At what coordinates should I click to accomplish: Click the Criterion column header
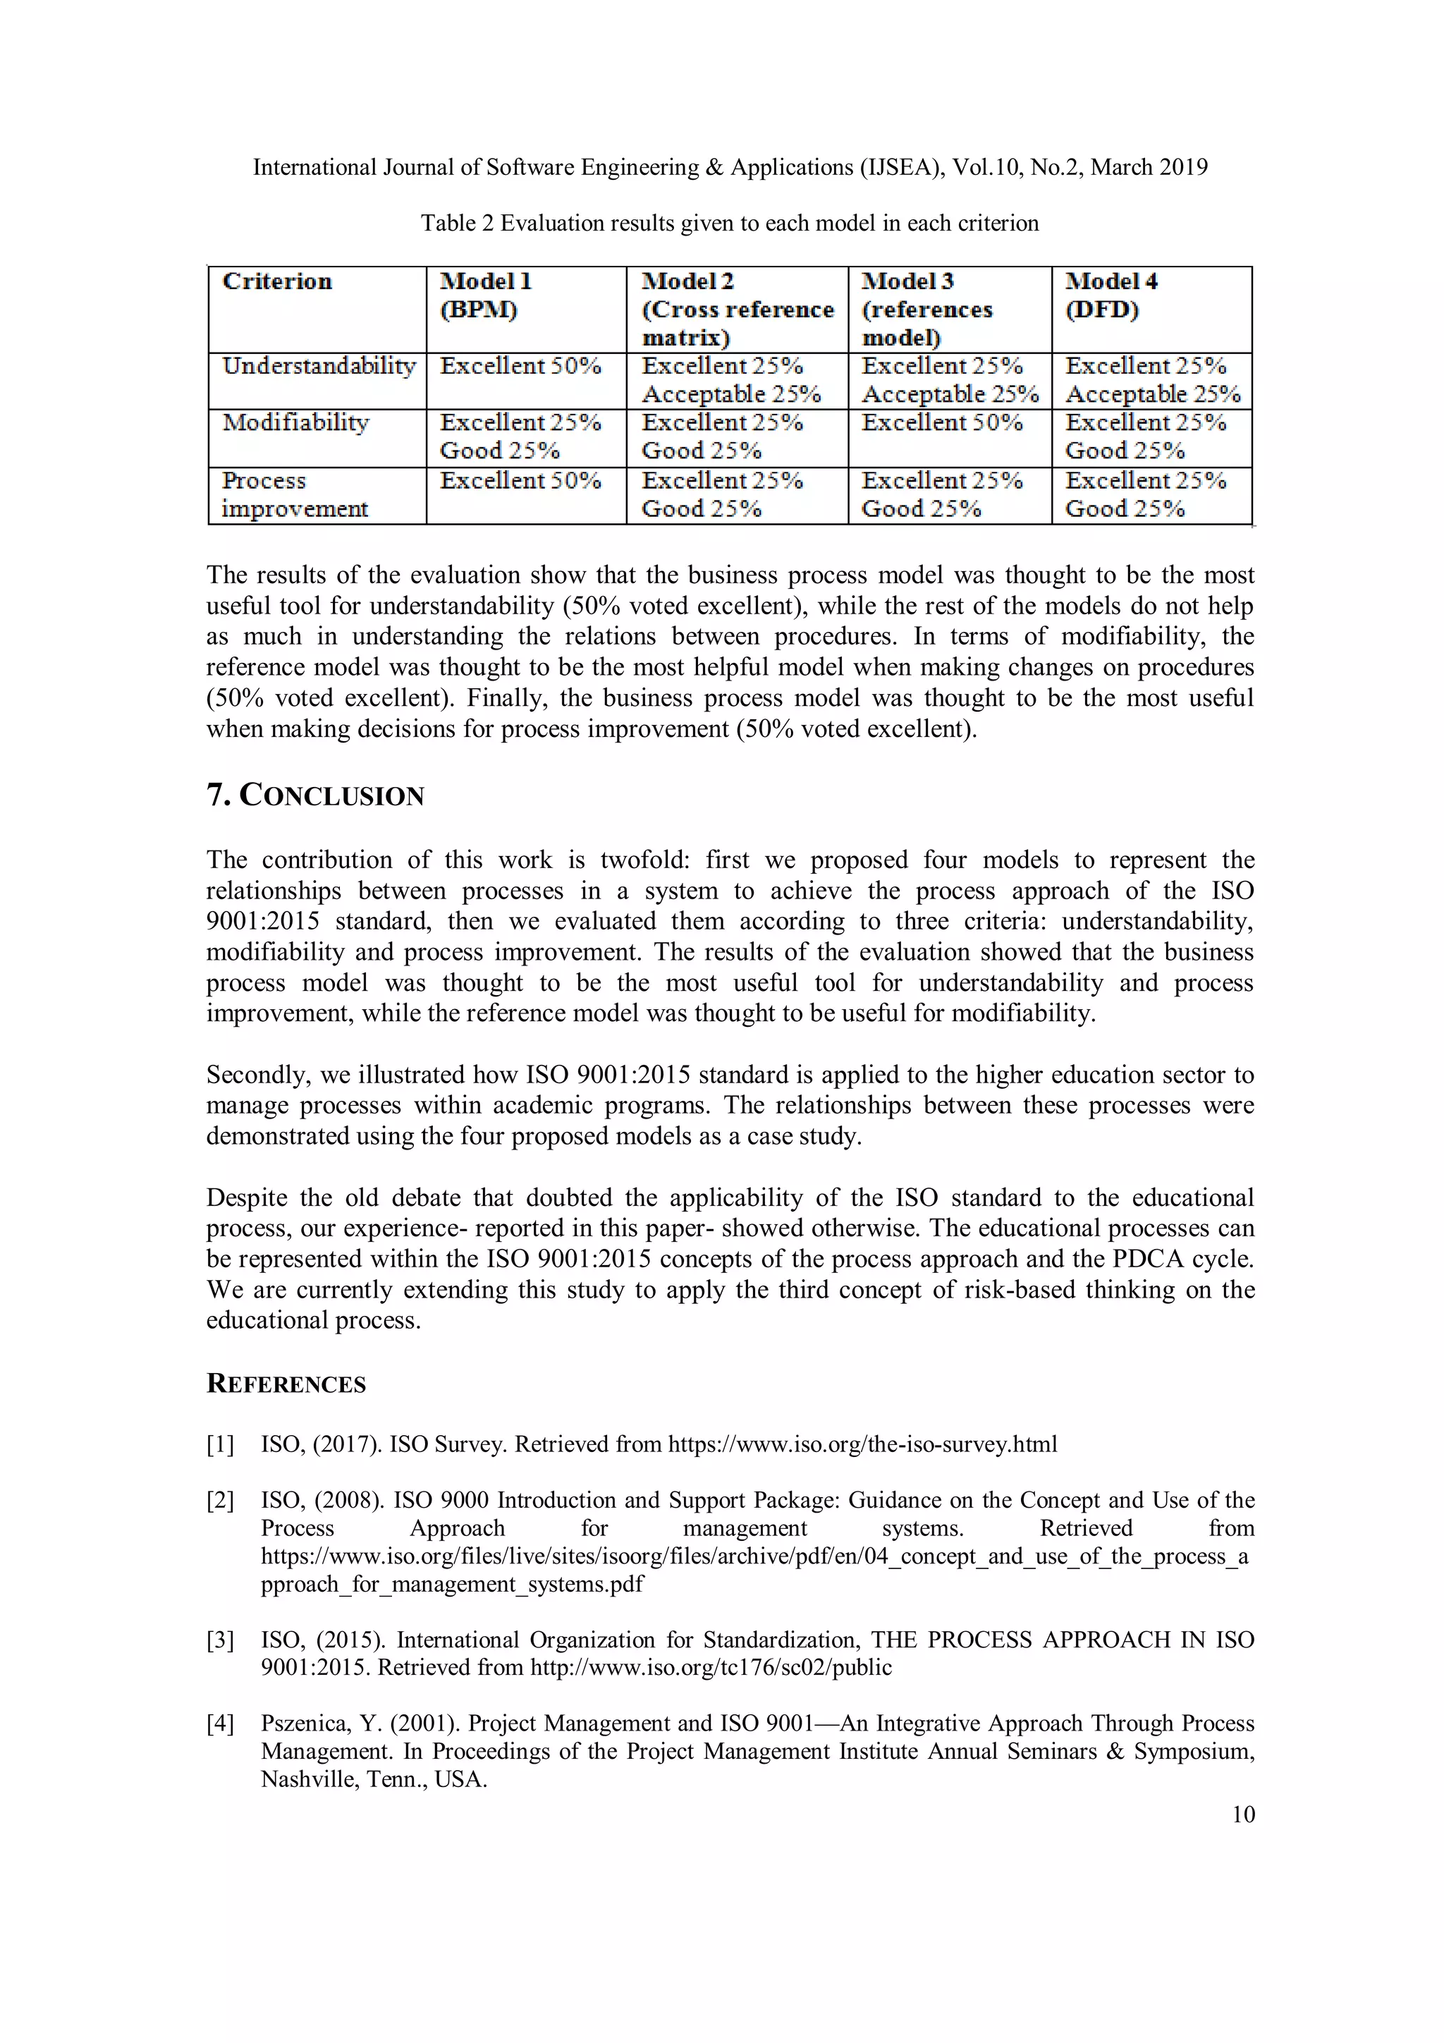click(276, 282)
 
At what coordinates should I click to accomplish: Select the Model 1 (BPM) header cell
click(486, 295)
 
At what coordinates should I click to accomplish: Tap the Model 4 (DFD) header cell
click(1111, 295)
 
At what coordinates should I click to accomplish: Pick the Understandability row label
click(319, 366)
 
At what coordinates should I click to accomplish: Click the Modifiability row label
click(295, 422)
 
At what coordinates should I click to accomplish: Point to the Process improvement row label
click(295, 495)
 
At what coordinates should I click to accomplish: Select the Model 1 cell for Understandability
click(520, 366)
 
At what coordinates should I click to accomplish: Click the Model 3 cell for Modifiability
click(942, 422)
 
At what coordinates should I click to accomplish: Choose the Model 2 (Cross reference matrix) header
click(738, 309)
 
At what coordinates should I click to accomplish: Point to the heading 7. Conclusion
click(315, 795)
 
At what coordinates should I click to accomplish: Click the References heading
click(286, 1384)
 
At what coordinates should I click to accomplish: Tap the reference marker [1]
click(220, 1444)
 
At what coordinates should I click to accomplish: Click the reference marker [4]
click(220, 1724)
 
